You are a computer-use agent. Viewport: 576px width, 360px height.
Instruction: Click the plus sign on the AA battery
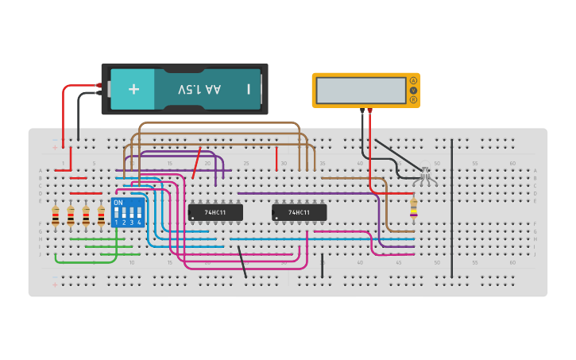133,89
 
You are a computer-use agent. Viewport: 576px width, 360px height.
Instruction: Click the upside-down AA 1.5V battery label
199,89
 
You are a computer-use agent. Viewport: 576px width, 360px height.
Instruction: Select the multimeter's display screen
360,90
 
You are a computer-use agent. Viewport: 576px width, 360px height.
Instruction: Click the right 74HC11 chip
299,212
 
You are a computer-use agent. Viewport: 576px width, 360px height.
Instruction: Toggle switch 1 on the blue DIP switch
117,214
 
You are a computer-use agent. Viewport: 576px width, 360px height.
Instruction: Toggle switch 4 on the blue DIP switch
139,214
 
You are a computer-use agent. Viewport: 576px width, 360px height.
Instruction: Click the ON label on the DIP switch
118,203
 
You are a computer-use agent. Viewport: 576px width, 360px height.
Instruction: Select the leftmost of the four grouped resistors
56,215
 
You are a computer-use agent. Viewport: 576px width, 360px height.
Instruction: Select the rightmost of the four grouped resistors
101,215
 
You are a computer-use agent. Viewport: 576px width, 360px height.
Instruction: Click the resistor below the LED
413,208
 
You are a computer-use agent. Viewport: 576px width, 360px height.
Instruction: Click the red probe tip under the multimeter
370,112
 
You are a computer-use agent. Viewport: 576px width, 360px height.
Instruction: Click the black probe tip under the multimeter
362,112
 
